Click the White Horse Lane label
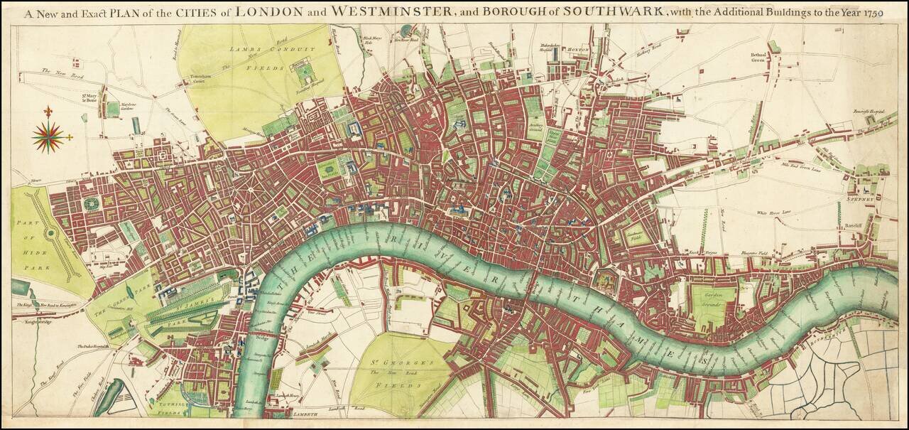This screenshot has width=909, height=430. coord(773,213)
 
